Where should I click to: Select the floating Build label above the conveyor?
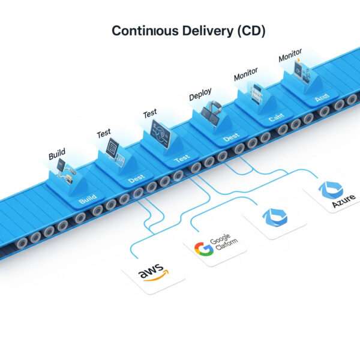57,155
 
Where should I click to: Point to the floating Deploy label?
200,95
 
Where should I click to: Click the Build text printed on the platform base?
88,200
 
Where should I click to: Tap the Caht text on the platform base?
276,118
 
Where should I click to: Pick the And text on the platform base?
322,97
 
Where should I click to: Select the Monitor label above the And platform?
290,56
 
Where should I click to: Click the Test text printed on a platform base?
181,157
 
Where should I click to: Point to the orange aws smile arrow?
155,280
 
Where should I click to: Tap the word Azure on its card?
344,202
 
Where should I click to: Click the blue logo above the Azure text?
330,190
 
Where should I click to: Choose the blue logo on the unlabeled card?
275,218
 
